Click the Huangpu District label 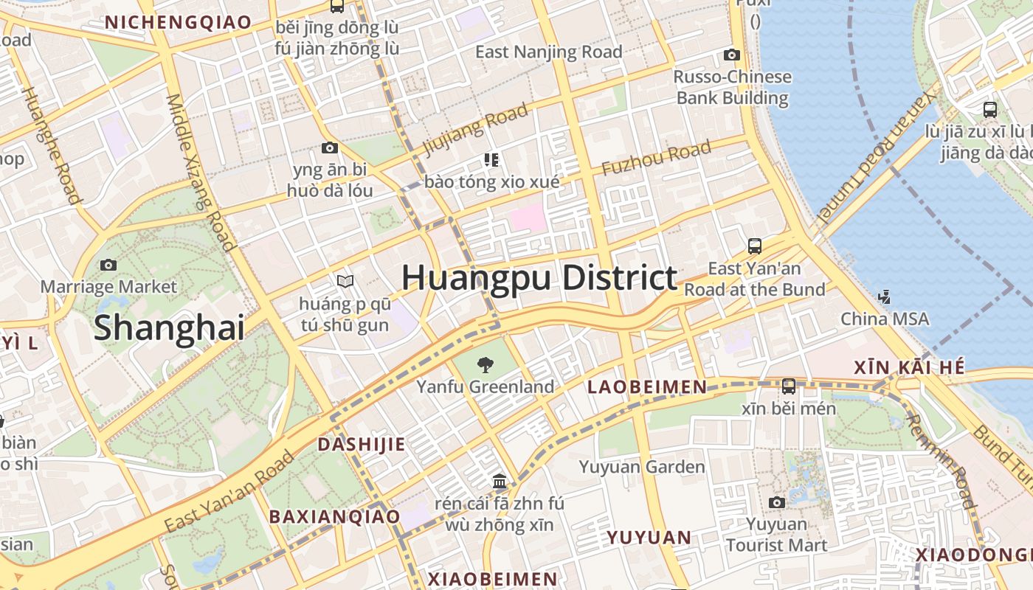(x=539, y=279)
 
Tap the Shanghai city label (x=169, y=327)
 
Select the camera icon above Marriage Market (x=108, y=265)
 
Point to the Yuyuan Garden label (x=642, y=467)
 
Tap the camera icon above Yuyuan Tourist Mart (x=776, y=503)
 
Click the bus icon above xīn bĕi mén (x=789, y=386)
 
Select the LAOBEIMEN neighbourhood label (x=647, y=386)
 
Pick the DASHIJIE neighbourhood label (x=361, y=444)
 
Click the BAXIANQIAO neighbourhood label (x=334, y=516)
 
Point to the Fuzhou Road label (x=657, y=158)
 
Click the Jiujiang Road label (x=476, y=130)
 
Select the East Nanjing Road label (x=549, y=52)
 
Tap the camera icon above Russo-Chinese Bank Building (x=732, y=55)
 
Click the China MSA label (x=885, y=319)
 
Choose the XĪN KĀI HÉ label (x=909, y=367)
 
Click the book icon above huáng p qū (x=345, y=281)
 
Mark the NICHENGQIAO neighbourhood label (x=178, y=22)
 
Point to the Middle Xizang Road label (x=199, y=173)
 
